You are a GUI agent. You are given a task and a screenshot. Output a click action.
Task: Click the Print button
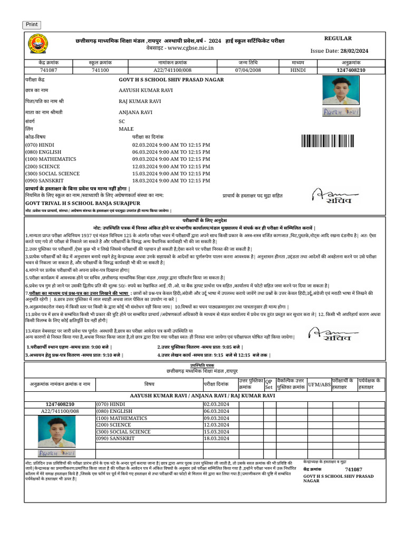point(32,25)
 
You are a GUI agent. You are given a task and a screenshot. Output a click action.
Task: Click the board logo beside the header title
point(37,44)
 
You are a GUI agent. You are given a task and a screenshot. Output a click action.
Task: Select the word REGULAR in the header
point(337,38)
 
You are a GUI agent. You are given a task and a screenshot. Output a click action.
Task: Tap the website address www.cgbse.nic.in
point(187,48)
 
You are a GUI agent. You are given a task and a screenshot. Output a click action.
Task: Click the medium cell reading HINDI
point(298,70)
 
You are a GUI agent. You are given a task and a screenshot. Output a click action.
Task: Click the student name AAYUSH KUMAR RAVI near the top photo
point(146,90)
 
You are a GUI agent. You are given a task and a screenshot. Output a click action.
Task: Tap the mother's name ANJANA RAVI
point(136,112)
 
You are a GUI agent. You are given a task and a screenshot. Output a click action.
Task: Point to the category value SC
point(122,121)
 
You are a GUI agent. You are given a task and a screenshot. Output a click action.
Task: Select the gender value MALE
point(126,129)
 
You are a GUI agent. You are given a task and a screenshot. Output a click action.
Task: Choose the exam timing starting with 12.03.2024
point(171,166)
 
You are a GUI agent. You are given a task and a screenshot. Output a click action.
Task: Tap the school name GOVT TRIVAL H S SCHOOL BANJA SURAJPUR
point(83,202)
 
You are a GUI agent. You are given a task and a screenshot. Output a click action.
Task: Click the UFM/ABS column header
point(319,384)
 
